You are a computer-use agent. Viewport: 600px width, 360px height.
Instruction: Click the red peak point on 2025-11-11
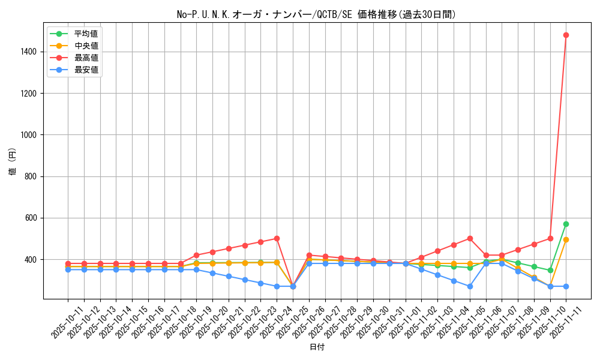566,35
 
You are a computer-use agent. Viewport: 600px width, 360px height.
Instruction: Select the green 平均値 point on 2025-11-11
566,224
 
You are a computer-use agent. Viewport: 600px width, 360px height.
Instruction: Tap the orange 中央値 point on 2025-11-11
566,239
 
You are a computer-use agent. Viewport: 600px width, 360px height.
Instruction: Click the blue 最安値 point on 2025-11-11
566,286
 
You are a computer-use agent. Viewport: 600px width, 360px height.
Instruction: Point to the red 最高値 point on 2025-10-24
277,238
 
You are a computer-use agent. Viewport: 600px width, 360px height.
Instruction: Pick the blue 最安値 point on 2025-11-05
470,286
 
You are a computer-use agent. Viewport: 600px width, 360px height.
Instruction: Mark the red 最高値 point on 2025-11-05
470,238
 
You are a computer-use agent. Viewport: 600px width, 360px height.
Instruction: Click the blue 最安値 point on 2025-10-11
68,269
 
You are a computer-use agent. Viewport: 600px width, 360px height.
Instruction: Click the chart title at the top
316,14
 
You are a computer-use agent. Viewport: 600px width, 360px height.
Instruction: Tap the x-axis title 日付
316,347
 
